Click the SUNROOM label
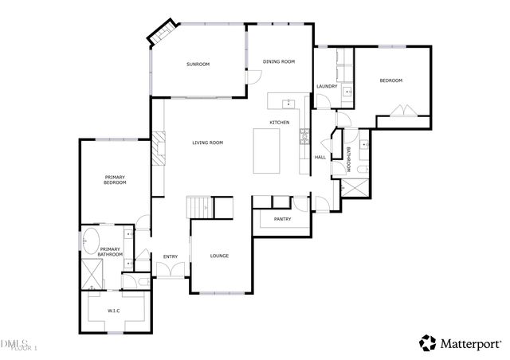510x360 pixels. [x=198, y=64]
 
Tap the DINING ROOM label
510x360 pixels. [x=279, y=61]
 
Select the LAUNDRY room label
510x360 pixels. [x=327, y=86]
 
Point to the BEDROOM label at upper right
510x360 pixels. [x=390, y=80]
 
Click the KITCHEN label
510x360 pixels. [x=279, y=122]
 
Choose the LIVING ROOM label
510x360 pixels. [x=207, y=143]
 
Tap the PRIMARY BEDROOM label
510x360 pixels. [x=116, y=179]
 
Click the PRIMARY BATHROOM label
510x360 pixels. [x=110, y=252]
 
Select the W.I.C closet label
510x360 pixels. [x=113, y=310]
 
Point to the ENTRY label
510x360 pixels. [x=171, y=256]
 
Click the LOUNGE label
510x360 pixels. [x=219, y=256]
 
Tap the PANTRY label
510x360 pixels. [x=282, y=219]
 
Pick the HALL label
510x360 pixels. [x=320, y=157]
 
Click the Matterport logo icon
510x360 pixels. [x=428, y=342]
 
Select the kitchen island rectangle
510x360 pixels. [x=267, y=151]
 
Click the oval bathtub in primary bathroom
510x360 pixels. [x=90, y=241]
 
